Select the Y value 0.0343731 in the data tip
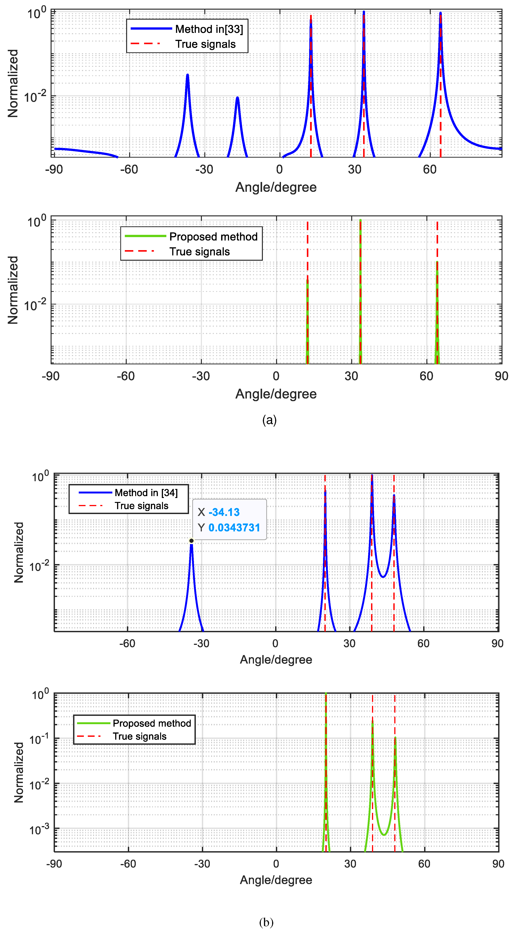234,528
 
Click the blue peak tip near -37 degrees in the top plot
187,75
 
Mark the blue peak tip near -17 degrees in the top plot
237,98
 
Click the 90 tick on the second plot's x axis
501,376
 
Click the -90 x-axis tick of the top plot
54,169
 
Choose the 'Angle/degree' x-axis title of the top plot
276,187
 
